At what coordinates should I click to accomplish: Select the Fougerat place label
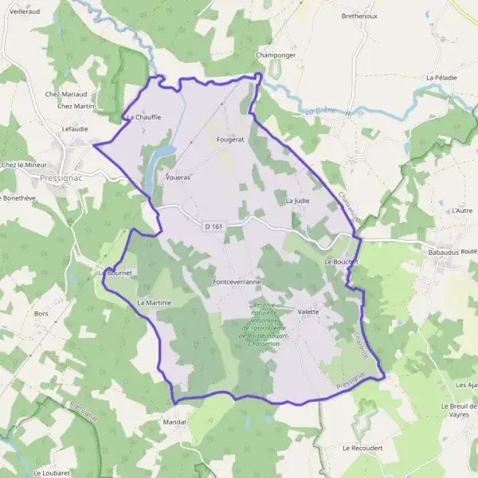[x=229, y=139]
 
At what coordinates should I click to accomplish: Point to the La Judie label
[x=297, y=201]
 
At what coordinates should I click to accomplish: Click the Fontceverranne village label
[x=237, y=282]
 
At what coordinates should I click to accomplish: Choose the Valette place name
[x=308, y=311]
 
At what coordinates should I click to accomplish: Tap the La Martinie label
[x=154, y=303]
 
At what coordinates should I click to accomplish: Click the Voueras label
[x=178, y=178]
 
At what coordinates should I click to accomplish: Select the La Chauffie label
[x=143, y=117]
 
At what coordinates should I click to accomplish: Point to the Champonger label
[x=276, y=55]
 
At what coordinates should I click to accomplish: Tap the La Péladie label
[x=441, y=77]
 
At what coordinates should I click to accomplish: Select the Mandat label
[x=174, y=421]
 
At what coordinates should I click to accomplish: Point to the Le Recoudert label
[x=362, y=448]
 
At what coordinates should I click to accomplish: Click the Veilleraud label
[x=26, y=12]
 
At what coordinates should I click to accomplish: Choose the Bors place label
[x=41, y=314]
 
